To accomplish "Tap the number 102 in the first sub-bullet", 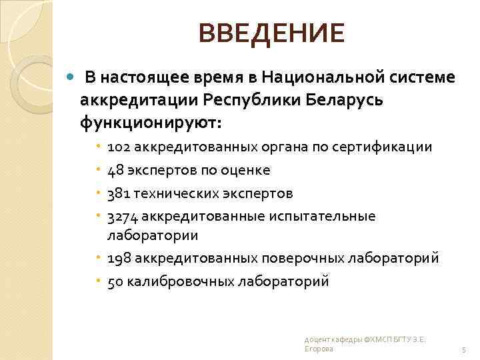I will [x=117, y=147].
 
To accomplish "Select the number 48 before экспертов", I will [x=115, y=170].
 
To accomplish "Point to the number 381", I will [x=117, y=193].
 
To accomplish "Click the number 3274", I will [x=121, y=216].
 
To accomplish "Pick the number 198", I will [x=117, y=258].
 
